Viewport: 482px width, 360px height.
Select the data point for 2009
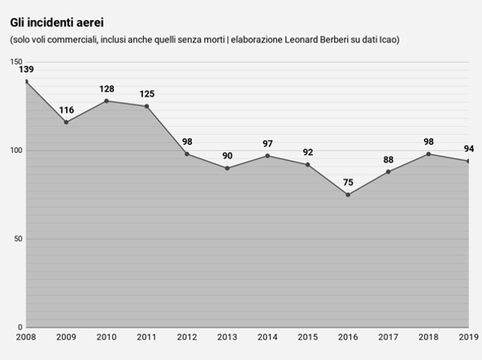pyautogui.click(x=66, y=122)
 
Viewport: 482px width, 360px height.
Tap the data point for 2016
pyautogui.click(x=348, y=194)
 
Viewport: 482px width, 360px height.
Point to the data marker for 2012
pyautogui.click(x=187, y=154)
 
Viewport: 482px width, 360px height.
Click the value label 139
pyautogui.click(x=26, y=70)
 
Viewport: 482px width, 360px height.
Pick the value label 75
pyautogui.click(x=348, y=182)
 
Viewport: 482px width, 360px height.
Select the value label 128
pyautogui.click(x=106, y=89)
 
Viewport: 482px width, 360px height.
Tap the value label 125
pyautogui.click(x=146, y=94)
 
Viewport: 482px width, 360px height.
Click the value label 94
pyautogui.click(x=468, y=149)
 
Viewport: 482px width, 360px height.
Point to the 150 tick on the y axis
pyautogui.click(x=16, y=63)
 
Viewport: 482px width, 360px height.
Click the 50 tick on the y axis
pyautogui.click(x=18, y=239)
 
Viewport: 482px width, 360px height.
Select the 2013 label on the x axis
pyautogui.click(x=227, y=336)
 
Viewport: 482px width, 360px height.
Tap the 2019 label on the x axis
pyautogui.click(x=468, y=336)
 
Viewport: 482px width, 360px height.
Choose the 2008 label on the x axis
pyautogui.click(x=26, y=336)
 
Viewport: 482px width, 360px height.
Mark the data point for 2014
pyautogui.click(x=268, y=156)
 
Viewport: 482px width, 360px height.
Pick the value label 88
pyautogui.click(x=388, y=160)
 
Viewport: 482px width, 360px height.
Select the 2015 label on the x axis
pyautogui.click(x=308, y=336)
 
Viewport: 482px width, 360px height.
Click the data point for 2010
pyautogui.click(x=106, y=101)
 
